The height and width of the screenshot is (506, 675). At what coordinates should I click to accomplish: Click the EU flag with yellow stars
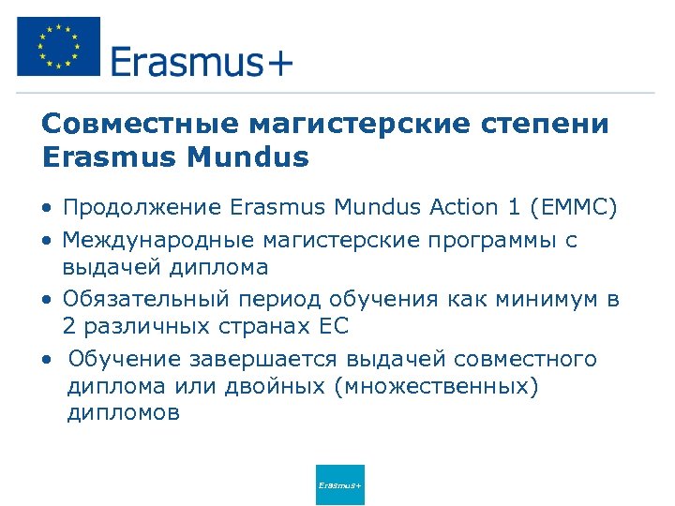[58, 46]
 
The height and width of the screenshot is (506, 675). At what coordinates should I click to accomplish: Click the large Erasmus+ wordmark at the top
[202, 63]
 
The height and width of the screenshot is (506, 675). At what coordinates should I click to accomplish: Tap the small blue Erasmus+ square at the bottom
[340, 484]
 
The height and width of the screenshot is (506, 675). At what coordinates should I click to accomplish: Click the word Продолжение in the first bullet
[142, 208]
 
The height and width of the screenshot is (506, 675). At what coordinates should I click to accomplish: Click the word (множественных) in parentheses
[436, 387]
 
